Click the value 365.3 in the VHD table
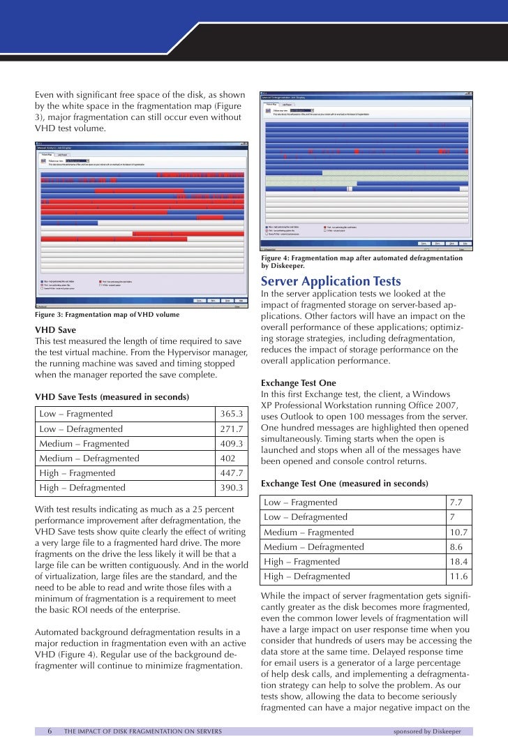point(230,414)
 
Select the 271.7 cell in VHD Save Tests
point(230,428)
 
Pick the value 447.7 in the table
point(230,473)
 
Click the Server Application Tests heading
point(331,281)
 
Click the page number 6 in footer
point(50,731)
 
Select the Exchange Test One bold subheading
point(298,383)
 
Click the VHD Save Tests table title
point(112,397)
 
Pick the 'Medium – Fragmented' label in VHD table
point(84,444)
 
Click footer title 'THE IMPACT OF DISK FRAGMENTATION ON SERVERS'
point(143,731)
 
